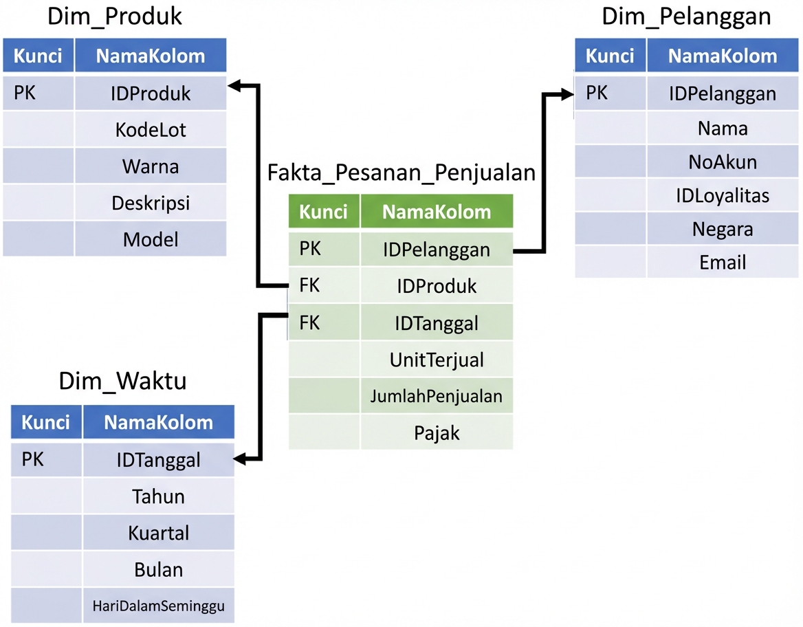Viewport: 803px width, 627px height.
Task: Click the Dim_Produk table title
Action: [x=114, y=17]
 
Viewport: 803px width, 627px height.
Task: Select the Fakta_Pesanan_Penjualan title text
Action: [x=401, y=173]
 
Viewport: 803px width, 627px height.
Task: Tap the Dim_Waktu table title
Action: [x=122, y=381]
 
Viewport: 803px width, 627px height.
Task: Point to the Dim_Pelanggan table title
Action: [x=686, y=17]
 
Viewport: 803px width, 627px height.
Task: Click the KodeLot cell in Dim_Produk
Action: [x=151, y=130]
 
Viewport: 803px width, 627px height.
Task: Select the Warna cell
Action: [x=151, y=166]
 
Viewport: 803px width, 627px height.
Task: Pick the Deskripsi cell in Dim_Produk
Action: [x=151, y=203]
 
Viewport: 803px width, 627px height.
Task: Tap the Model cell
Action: [x=151, y=239]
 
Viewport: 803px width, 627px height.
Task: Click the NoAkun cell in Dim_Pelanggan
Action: [x=723, y=162]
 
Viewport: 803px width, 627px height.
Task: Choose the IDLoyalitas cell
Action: [x=723, y=196]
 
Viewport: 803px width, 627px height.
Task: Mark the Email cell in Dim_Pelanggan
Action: [x=723, y=263]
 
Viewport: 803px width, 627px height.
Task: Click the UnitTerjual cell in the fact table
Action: [x=437, y=360]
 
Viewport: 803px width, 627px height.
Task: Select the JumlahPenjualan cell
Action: [x=437, y=396]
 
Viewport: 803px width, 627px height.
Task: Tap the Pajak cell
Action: [x=437, y=432]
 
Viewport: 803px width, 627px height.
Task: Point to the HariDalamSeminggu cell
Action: [x=159, y=606]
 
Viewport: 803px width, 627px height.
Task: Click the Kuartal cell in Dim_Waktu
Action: [x=159, y=533]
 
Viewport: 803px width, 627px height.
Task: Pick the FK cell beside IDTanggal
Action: [x=310, y=322]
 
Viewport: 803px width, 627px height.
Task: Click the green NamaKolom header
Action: [x=437, y=212]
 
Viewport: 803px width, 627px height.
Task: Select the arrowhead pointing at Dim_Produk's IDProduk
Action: [x=234, y=85]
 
